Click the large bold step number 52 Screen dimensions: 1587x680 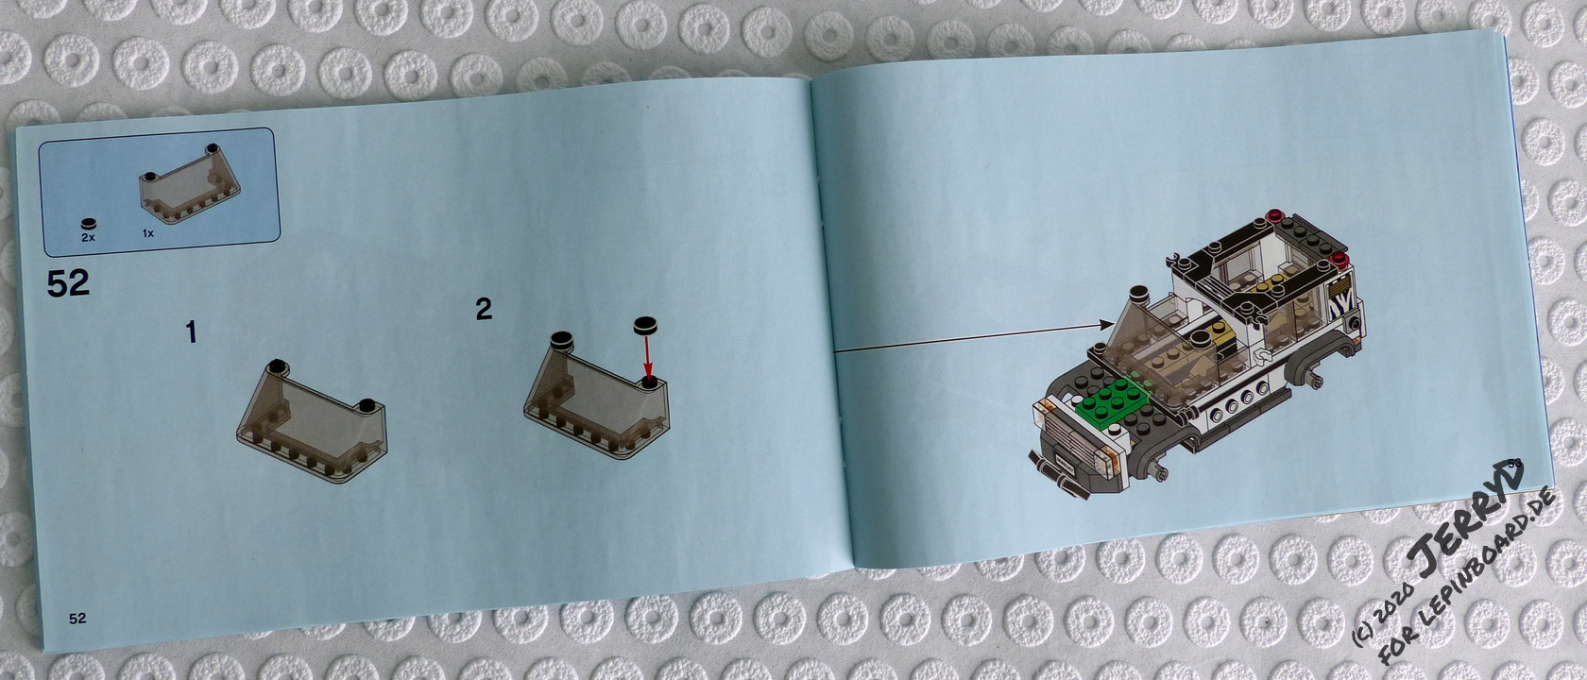pyautogui.click(x=68, y=283)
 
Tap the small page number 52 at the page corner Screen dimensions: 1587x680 pyautogui.click(x=77, y=619)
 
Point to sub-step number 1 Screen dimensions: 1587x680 pyautogui.click(x=191, y=332)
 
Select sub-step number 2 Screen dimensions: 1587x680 pyautogui.click(x=484, y=309)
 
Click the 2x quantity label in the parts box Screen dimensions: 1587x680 pyautogui.click(x=88, y=238)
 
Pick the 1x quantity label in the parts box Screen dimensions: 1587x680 pyautogui.click(x=148, y=233)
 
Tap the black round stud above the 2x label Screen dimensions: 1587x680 pyautogui.click(x=89, y=224)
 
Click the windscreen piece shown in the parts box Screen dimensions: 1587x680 pyautogui.click(x=189, y=183)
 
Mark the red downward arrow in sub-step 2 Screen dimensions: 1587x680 pyautogui.click(x=646, y=355)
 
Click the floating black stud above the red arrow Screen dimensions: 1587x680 pyautogui.click(x=645, y=325)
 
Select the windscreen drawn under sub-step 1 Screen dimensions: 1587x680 pyautogui.click(x=311, y=421)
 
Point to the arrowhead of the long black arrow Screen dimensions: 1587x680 pyautogui.click(x=1106, y=325)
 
